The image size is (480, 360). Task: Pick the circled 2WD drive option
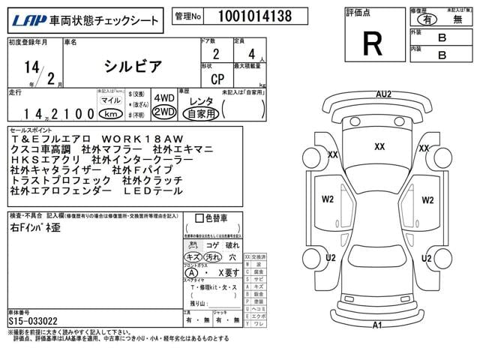[163, 112]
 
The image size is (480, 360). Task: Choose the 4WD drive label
[163, 98]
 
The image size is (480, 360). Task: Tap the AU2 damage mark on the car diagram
[383, 94]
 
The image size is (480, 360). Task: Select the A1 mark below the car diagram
[378, 325]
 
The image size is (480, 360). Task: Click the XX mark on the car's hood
[379, 146]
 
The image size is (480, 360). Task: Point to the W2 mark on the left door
[328, 199]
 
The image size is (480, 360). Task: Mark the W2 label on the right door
[427, 199]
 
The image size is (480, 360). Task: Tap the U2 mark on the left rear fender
[330, 258]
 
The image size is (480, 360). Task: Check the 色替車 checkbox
[199, 218]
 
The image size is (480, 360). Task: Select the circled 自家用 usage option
[201, 113]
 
